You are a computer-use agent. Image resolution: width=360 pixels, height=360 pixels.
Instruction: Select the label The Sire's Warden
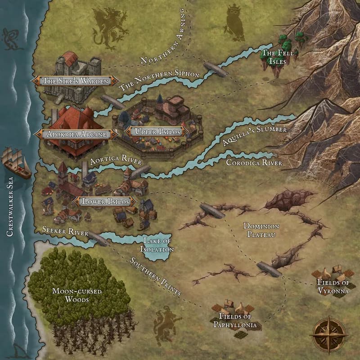(75, 81)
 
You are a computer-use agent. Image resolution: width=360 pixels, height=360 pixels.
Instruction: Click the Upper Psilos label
(155, 132)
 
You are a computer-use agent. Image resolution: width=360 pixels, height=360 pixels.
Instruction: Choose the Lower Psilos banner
(107, 201)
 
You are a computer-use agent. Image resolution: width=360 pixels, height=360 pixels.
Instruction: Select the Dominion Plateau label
(261, 230)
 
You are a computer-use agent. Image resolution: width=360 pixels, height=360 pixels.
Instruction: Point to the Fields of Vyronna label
(333, 287)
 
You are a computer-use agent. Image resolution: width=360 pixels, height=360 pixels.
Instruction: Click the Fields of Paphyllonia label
(235, 320)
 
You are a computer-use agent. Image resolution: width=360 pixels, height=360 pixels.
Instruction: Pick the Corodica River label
(254, 162)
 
